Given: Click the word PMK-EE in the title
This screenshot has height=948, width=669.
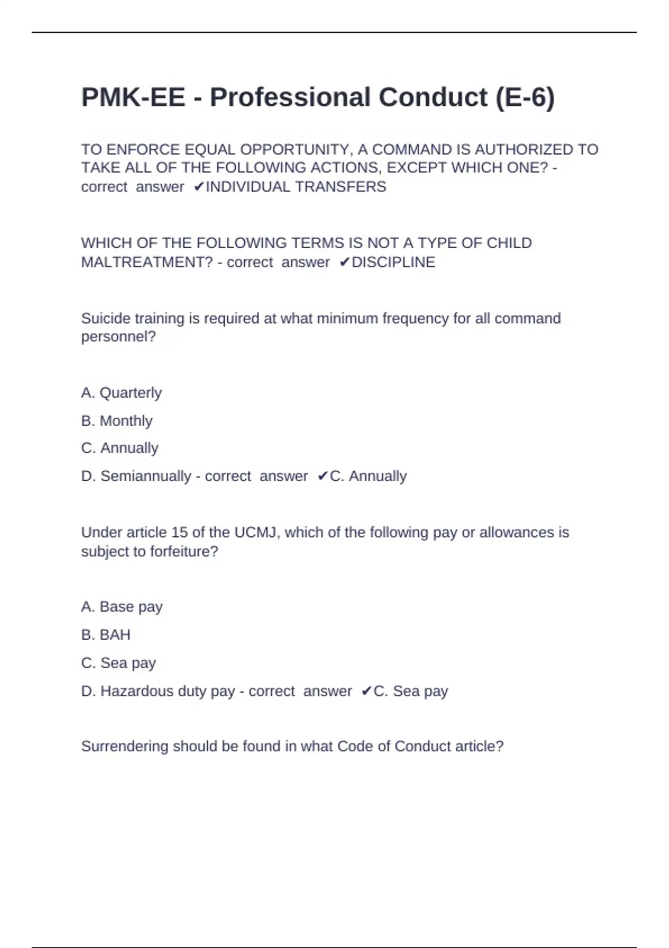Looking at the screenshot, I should (x=133, y=98).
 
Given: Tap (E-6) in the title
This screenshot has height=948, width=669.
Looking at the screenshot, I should (x=525, y=98).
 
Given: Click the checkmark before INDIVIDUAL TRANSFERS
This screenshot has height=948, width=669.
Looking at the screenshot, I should (x=199, y=187).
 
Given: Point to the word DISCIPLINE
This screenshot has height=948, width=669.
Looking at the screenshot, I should (x=393, y=262).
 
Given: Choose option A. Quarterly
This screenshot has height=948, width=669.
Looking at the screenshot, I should (x=121, y=393).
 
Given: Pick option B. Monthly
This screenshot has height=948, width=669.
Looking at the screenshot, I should (x=117, y=421).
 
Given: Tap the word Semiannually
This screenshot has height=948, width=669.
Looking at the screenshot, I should (x=146, y=476).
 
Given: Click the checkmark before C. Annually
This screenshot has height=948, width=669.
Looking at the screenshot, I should (x=323, y=476).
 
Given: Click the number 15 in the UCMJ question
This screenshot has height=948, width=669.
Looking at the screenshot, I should (x=180, y=533).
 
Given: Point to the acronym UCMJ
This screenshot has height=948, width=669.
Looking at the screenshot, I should (x=255, y=533).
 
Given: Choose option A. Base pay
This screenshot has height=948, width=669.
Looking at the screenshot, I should (x=122, y=607).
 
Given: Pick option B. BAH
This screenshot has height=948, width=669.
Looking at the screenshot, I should (x=106, y=635).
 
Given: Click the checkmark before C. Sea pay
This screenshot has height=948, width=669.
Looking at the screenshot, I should (x=366, y=691).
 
